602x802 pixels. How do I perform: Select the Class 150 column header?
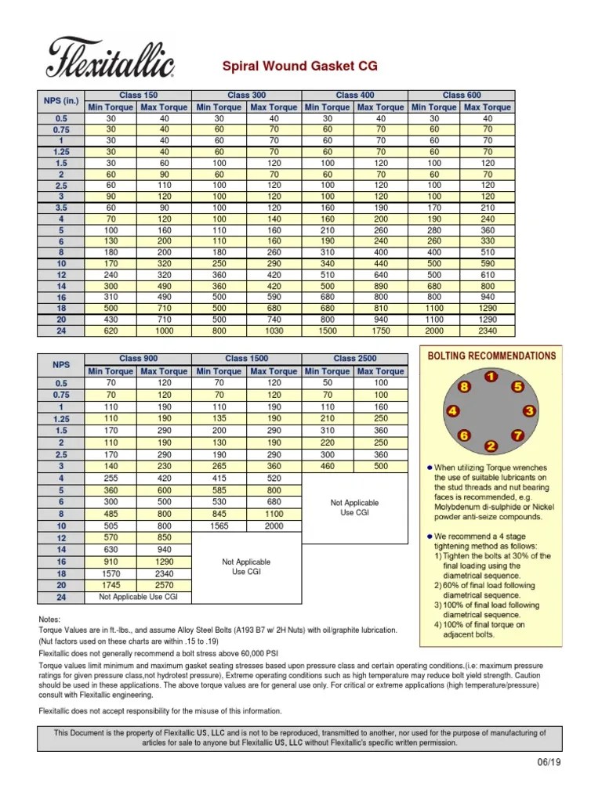pyautogui.click(x=138, y=96)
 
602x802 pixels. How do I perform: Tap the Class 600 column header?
pyautogui.click(x=462, y=96)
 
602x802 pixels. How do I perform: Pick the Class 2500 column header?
pyautogui.click(x=354, y=359)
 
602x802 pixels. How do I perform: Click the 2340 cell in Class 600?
pyautogui.click(x=488, y=331)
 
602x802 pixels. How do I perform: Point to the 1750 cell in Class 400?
pyautogui.click(x=380, y=331)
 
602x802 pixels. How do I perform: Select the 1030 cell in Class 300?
pyautogui.click(x=273, y=331)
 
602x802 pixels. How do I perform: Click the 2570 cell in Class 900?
pyautogui.click(x=164, y=585)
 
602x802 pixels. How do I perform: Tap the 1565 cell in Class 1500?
pyautogui.click(x=219, y=526)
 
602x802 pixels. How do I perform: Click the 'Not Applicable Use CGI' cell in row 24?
pyautogui.click(x=138, y=597)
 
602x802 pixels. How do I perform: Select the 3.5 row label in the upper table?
pyautogui.click(x=61, y=209)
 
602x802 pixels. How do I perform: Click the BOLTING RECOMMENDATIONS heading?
pyautogui.click(x=491, y=356)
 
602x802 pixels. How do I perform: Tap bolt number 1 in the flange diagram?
pyautogui.click(x=490, y=377)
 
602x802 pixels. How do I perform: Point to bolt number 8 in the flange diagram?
pyautogui.click(x=464, y=387)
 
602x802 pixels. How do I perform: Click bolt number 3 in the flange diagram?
pyautogui.click(x=530, y=410)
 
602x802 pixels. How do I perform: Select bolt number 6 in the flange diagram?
pyautogui.click(x=464, y=435)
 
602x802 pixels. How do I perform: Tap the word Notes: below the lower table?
pyautogui.click(x=50, y=619)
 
